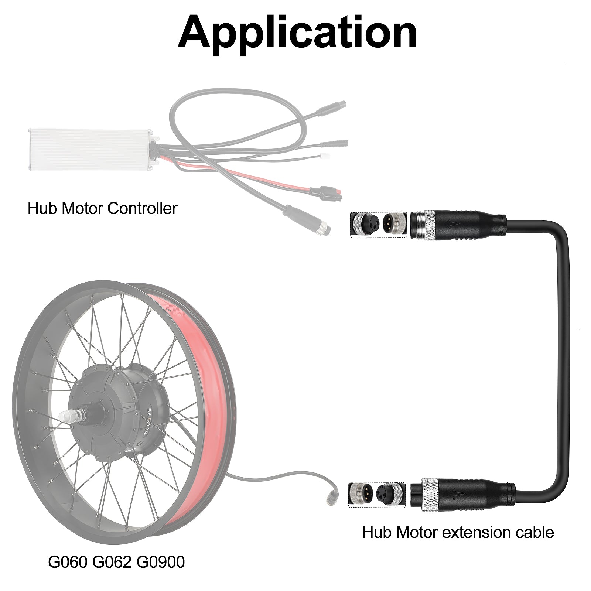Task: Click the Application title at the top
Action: coord(297,33)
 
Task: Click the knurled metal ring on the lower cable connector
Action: coord(429,495)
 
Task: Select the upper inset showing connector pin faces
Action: coord(378,225)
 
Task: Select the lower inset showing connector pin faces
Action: coord(377,494)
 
